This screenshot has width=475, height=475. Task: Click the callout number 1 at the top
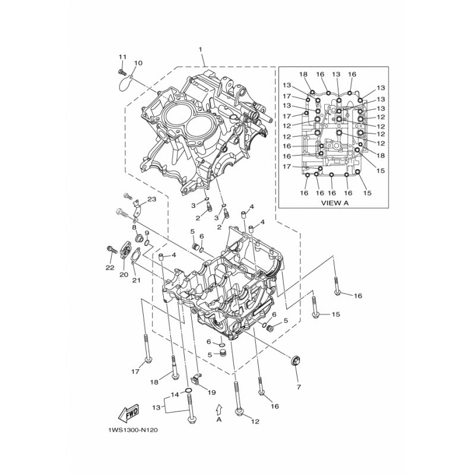(x=200, y=49)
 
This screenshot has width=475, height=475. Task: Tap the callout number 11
(x=122, y=56)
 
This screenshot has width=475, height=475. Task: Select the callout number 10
(x=138, y=63)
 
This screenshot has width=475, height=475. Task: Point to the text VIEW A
(x=335, y=203)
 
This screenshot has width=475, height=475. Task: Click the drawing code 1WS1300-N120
(x=132, y=430)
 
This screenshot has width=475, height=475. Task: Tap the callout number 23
(x=152, y=199)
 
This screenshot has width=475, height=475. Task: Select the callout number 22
(x=110, y=268)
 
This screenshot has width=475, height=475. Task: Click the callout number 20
(x=123, y=275)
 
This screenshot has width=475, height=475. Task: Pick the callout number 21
(x=137, y=280)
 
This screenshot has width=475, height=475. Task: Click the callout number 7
(x=299, y=387)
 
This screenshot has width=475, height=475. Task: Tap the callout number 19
(x=211, y=392)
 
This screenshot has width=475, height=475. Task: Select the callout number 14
(x=175, y=395)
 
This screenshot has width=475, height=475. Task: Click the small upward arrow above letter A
(x=219, y=408)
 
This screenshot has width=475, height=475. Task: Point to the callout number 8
(x=134, y=227)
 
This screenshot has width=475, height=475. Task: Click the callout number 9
(x=147, y=233)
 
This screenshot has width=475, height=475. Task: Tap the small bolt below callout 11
(x=122, y=72)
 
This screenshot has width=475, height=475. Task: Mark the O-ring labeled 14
(x=188, y=389)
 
